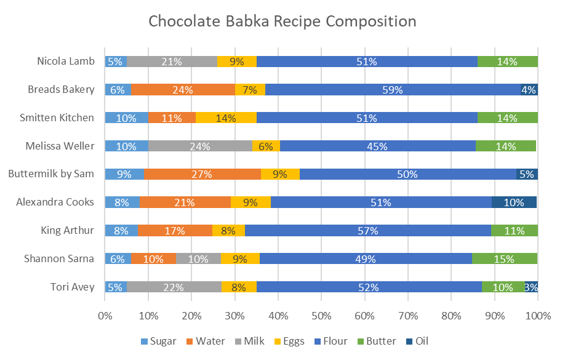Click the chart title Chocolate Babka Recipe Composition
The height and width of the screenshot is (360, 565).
tap(282, 22)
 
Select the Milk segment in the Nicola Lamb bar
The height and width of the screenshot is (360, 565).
tap(172, 62)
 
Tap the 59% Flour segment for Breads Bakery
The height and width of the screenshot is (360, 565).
tap(393, 90)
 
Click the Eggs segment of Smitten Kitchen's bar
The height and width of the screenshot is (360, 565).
tap(226, 118)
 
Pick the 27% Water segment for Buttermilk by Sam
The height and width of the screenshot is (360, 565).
tap(202, 174)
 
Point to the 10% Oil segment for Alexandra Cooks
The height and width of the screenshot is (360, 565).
tap(514, 202)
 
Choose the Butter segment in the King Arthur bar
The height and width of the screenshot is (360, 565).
tap(515, 231)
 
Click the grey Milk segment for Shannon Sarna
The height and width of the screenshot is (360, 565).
tap(198, 259)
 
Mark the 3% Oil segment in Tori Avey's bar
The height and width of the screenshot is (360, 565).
tap(532, 287)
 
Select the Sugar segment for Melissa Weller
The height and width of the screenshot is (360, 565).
tap(126, 146)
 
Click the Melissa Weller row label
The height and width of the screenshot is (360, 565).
tap(60, 146)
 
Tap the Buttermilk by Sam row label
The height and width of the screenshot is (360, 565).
tap(51, 174)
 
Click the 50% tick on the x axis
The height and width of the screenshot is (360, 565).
tap(321, 316)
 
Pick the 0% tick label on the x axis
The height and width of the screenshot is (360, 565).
tap(105, 316)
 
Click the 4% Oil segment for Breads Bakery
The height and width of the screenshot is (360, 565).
tap(529, 90)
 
